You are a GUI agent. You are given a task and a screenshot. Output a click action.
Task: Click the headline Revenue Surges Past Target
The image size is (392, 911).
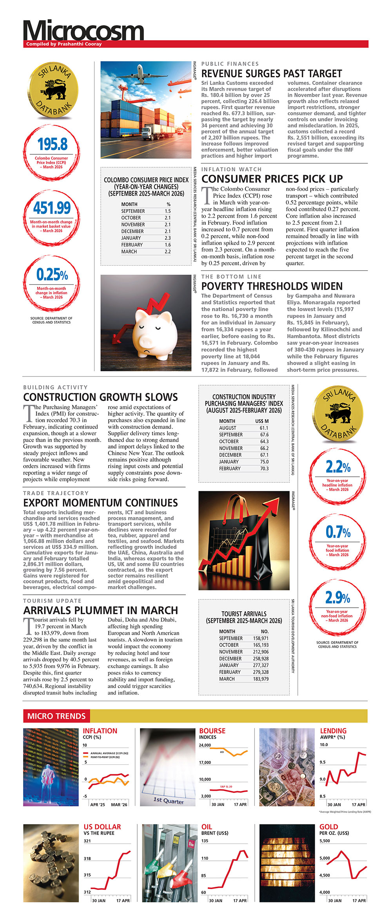(271, 74)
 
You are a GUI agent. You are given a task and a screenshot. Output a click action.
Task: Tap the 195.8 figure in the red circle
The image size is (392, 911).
(53, 144)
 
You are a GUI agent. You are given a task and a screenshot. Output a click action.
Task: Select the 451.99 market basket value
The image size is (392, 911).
(52, 208)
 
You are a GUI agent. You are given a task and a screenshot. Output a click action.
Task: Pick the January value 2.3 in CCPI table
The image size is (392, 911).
(167, 238)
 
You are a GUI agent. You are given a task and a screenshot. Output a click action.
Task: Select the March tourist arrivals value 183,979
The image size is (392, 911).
(261, 679)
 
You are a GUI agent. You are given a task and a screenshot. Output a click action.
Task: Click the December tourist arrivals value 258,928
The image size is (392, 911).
(261, 659)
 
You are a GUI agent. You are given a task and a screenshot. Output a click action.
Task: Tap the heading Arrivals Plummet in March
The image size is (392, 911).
(100, 610)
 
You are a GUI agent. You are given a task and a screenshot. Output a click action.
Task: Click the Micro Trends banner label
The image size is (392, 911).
(56, 716)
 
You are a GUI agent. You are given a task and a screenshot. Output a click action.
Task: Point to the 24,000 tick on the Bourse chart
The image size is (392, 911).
(205, 745)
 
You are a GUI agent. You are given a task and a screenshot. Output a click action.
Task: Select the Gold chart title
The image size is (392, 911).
(328, 826)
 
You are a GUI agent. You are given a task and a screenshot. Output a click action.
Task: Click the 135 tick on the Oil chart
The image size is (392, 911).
(205, 840)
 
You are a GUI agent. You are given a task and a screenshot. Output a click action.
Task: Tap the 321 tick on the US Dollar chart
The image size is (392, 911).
(87, 840)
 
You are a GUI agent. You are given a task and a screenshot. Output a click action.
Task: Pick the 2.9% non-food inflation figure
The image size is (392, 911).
(338, 598)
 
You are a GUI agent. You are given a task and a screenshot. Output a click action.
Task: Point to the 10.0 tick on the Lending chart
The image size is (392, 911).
(324, 744)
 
